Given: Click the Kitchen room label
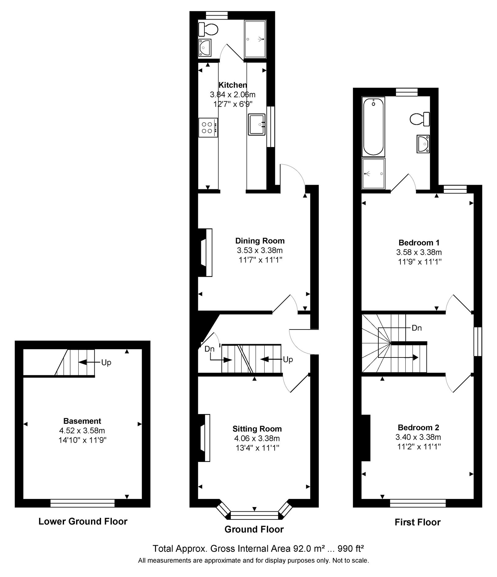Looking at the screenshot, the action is pyautogui.click(x=233, y=85).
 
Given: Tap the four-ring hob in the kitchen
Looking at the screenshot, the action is pyautogui.click(x=208, y=127).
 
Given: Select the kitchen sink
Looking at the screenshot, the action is pyautogui.click(x=257, y=125).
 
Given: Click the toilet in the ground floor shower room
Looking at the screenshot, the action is pyautogui.click(x=208, y=30).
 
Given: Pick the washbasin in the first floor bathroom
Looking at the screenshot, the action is pyautogui.click(x=423, y=144).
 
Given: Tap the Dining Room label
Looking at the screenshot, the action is pyautogui.click(x=260, y=241).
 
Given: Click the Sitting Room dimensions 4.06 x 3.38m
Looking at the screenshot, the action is pyautogui.click(x=257, y=438).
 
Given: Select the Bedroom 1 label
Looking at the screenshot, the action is pyautogui.click(x=419, y=242).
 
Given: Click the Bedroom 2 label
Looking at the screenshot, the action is pyautogui.click(x=418, y=427).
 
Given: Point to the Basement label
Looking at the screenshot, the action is pyautogui.click(x=82, y=421).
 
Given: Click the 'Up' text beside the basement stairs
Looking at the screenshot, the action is pyautogui.click(x=106, y=362).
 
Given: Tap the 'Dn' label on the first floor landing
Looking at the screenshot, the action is pyautogui.click(x=417, y=328).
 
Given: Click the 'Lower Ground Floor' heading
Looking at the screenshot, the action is pyautogui.click(x=83, y=521).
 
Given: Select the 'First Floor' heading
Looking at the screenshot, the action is pyautogui.click(x=417, y=522).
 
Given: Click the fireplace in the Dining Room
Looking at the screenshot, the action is pyautogui.click(x=205, y=252).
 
